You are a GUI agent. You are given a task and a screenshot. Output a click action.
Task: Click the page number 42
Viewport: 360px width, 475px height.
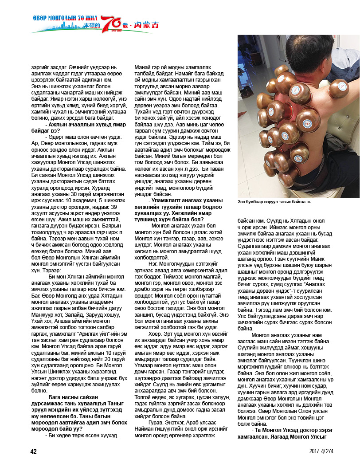click(33, 451)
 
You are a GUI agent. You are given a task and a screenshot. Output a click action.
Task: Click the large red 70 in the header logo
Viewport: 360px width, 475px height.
click(111, 24)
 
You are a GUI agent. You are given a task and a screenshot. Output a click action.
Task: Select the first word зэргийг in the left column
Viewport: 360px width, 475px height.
click(41, 67)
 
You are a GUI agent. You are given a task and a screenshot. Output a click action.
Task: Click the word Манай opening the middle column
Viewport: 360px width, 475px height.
click(143, 67)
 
